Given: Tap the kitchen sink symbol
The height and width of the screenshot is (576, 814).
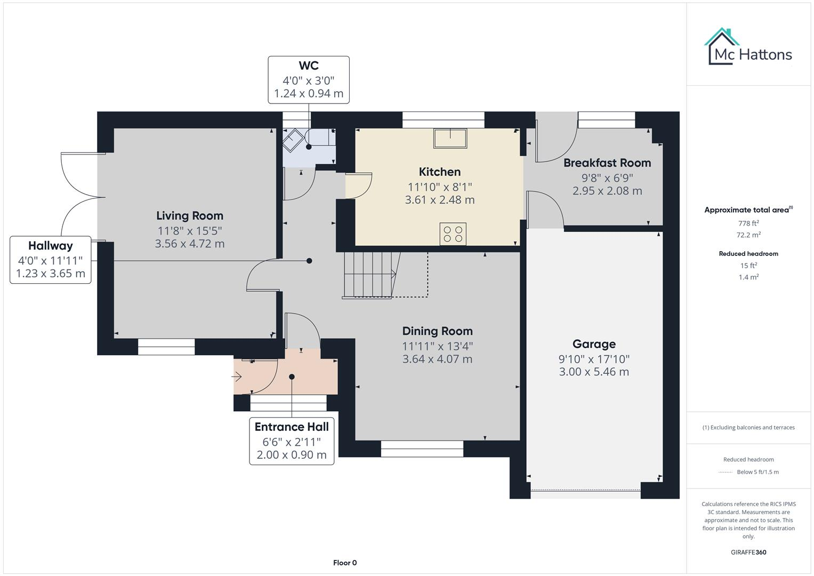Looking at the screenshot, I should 450,138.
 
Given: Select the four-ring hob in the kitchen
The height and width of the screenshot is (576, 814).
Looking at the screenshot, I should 453,234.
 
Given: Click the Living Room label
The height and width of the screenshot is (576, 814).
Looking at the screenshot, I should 190,216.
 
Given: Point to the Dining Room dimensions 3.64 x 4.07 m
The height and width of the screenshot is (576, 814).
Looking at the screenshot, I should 437,359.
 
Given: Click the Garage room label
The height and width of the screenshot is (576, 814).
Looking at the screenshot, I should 594,344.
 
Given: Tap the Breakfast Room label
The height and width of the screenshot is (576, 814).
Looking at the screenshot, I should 607,163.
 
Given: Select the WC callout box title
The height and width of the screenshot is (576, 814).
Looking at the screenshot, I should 309,66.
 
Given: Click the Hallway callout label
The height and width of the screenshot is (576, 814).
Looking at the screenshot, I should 51,246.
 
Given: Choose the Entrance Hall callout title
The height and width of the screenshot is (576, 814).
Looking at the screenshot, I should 292,427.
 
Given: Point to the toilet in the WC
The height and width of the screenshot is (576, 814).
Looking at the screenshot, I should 293,141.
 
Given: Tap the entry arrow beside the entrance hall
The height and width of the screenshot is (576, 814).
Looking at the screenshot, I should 237,377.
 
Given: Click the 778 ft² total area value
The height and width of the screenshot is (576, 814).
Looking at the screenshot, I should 748,223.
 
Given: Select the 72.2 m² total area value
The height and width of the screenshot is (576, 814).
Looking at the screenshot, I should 748,235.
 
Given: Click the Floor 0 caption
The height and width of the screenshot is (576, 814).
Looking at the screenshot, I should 345,563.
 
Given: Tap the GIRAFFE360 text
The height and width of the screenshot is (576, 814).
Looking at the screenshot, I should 748,552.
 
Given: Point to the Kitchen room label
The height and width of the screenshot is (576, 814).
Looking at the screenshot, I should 440,172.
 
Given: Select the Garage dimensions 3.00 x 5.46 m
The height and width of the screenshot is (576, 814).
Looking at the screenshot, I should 594,372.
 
